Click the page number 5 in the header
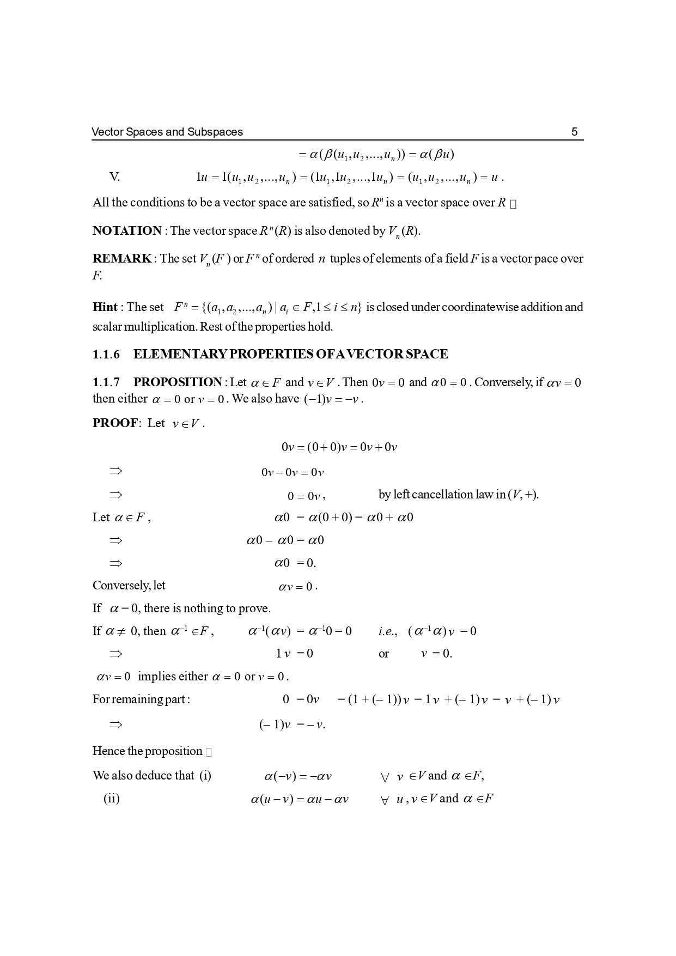tap(574, 132)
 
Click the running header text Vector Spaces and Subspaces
tap(167, 132)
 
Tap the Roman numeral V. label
tap(114, 177)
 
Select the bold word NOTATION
tap(127, 231)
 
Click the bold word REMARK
tap(122, 259)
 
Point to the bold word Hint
tap(105, 307)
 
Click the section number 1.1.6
tap(106, 355)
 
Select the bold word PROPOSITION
tap(178, 382)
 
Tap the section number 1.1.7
tap(106, 382)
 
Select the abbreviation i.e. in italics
tap(387, 631)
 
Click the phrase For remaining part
tap(141, 699)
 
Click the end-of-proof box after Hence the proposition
tap(209, 752)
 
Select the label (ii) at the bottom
tap(112, 799)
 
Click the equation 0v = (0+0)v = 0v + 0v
tap(339, 448)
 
